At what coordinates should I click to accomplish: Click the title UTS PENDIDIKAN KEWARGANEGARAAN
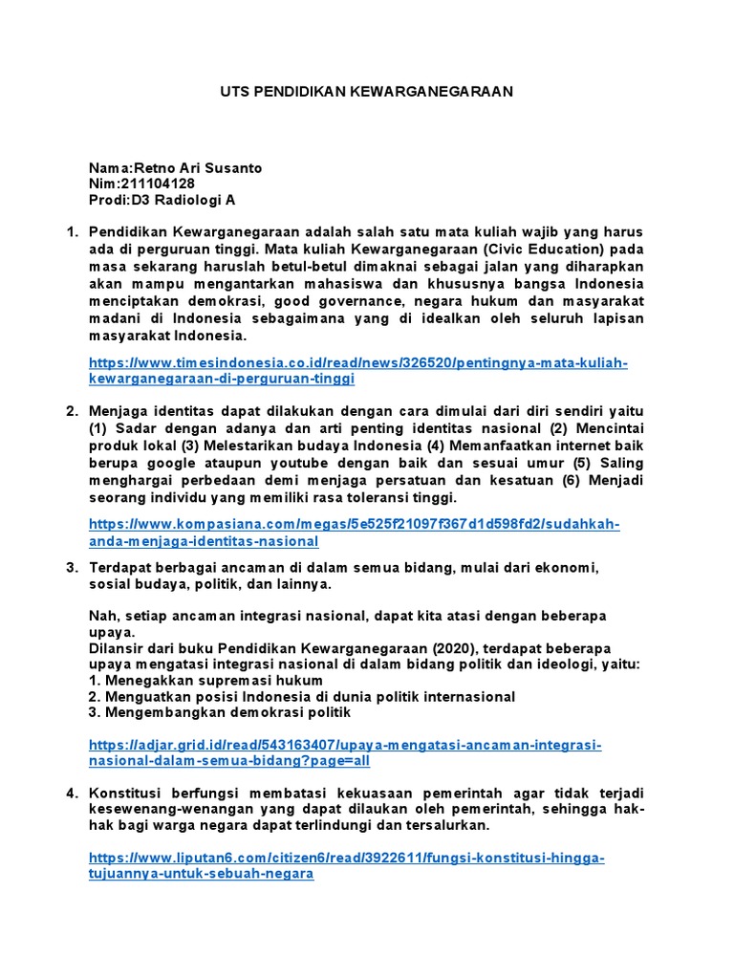coord(367,92)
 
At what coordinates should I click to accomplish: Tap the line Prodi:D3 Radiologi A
coord(162,200)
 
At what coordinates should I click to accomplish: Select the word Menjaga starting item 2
coord(118,412)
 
